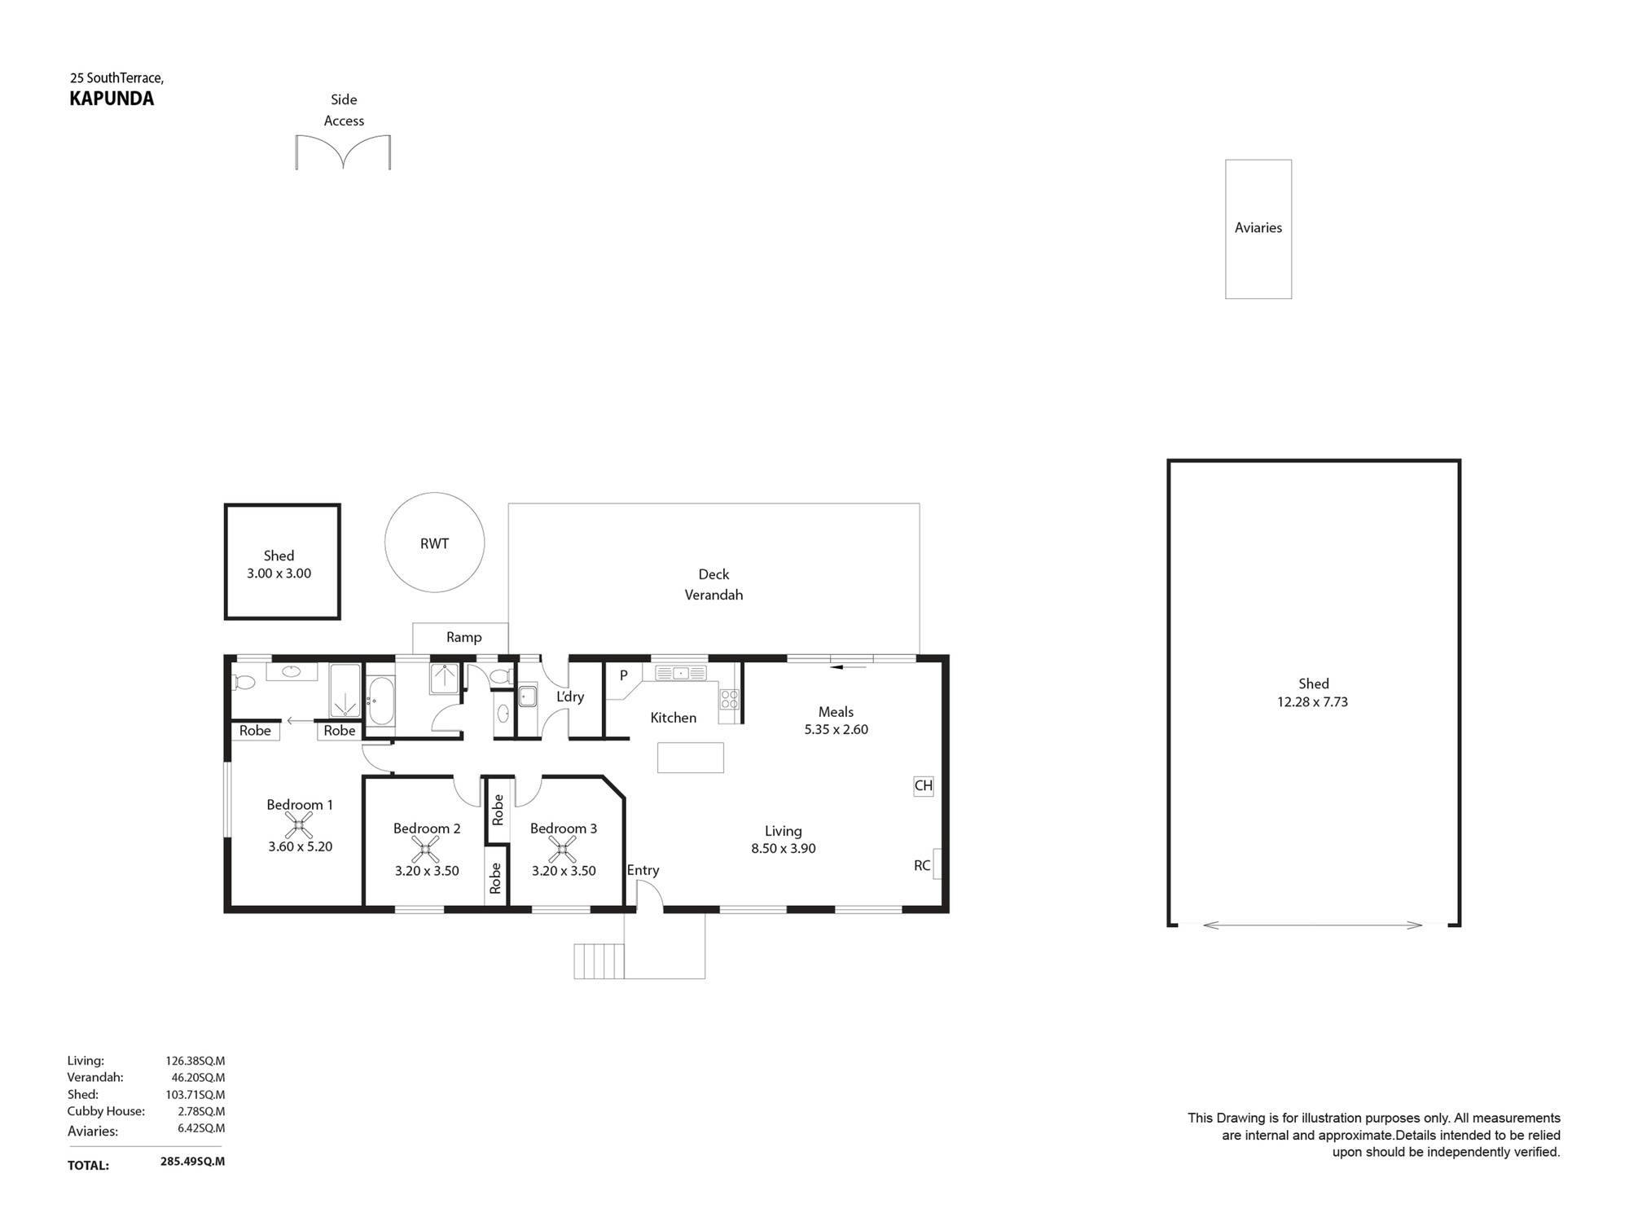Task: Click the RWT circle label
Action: tap(434, 543)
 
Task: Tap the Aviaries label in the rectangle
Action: tap(1258, 228)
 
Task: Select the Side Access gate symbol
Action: tap(343, 152)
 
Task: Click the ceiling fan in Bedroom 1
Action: tap(300, 827)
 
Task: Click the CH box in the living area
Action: tap(923, 786)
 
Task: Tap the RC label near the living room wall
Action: tap(922, 865)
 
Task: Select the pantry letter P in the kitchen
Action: tap(624, 675)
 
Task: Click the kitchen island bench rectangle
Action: tap(691, 757)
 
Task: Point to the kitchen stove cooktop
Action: tap(729, 699)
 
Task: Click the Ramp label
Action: tap(463, 637)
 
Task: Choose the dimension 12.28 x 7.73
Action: tap(1312, 702)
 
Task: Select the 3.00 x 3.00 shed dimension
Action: tap(279, 574)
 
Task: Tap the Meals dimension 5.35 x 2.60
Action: tap(836, 730)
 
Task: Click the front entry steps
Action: tap(599, 961)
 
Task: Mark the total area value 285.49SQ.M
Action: tap(192, 1162)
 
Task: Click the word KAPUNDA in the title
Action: tap(112, 99)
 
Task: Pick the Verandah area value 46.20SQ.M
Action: tap(198, 1078)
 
